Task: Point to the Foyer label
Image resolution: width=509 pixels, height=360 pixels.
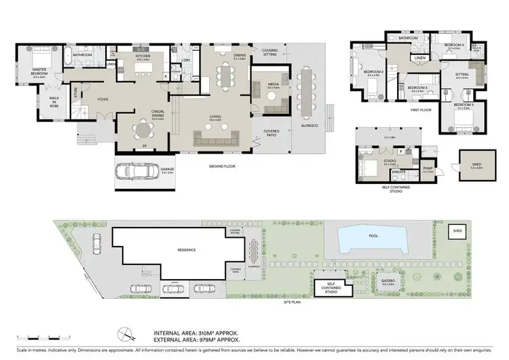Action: coord(102,98)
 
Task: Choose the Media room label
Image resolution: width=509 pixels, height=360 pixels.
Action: coord(274,86)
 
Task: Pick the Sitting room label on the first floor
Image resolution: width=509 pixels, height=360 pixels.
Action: coord(462,75)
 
